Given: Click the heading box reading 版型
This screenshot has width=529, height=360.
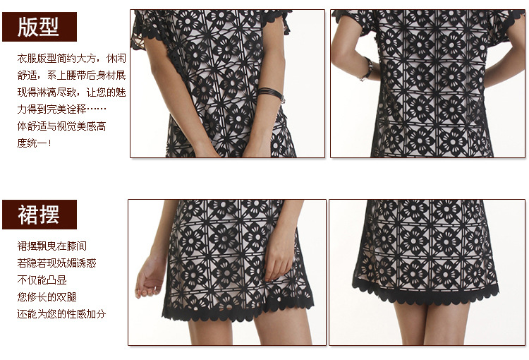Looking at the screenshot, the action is coord(39,27).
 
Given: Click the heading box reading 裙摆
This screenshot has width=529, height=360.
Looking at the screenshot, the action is coord(39,215).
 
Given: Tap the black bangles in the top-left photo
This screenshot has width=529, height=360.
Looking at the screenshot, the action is coord(271,94).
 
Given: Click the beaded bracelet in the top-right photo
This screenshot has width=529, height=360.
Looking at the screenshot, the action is coord(367,69).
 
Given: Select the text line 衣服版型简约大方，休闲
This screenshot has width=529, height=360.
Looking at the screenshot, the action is coord(71,59).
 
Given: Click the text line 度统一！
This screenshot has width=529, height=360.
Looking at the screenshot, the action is coord(34,143).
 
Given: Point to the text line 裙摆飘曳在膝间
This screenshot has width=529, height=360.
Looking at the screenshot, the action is coord(52,246).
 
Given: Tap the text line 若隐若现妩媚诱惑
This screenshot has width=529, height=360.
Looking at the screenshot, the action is coord(56,263).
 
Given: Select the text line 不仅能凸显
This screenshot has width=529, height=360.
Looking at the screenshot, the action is coord(42,280).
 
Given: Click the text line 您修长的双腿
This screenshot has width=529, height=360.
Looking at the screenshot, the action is coord(47,297).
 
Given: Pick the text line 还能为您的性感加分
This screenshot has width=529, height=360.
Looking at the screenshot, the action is coord(62,313).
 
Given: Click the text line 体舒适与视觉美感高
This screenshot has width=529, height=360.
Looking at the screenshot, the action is coord(62,126).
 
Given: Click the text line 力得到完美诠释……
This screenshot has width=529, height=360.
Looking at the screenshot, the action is coord(62,109).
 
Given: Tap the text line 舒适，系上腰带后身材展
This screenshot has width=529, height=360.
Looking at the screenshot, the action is coord(71,76).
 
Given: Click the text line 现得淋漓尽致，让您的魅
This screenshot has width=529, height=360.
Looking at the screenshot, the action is coord(71,92).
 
